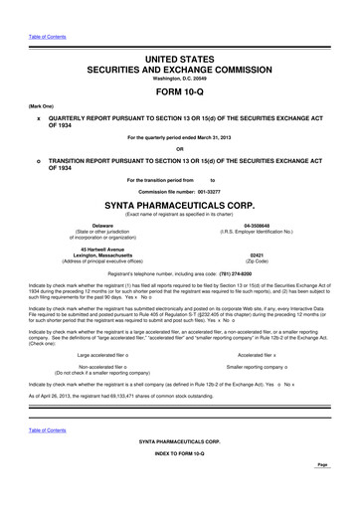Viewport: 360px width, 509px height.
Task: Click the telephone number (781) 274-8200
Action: coord(250,272)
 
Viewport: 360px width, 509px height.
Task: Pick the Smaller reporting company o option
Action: coord(266,365)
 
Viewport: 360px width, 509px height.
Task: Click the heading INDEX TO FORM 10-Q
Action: coord(179,483)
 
